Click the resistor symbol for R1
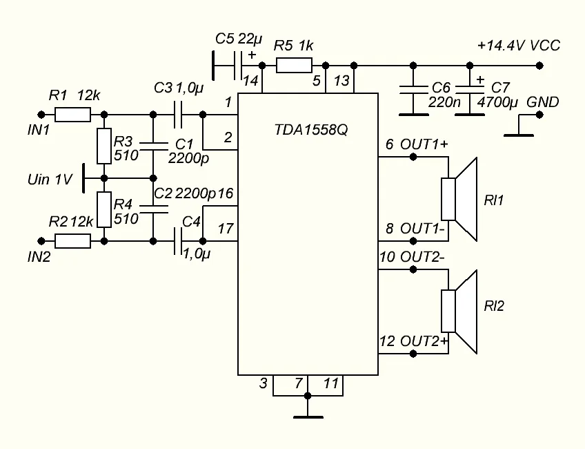click(72, 115)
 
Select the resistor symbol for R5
click(295, 66)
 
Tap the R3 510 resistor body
click(103, 146)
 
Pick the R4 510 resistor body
click(103, 209)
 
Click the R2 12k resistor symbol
click(72, 240)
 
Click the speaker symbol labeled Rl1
click(459, 199)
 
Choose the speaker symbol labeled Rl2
click(459, 312)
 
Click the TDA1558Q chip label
click(308, 129)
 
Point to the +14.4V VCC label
click(519, 46)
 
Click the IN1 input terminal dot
click(41, 115)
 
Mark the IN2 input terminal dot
click(41, 240)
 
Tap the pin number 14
click(250, 81)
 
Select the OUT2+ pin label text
click(424, 341)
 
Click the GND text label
click(542, 103)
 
